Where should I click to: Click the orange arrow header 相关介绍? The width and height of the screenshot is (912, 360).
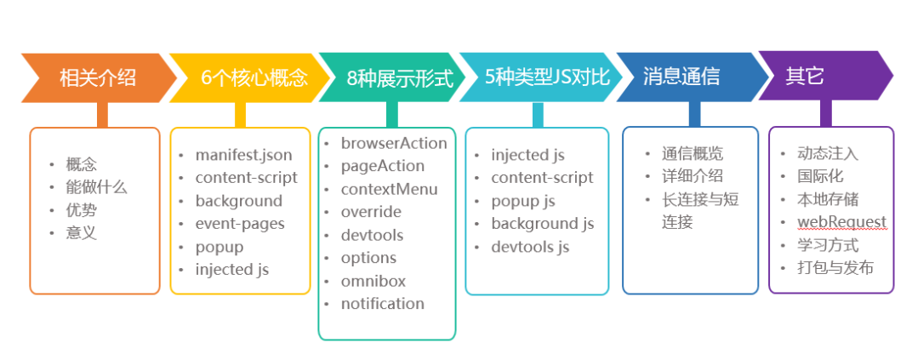97,77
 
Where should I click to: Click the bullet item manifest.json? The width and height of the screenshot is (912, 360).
243,155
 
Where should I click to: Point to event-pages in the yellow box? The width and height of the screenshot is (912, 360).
240,224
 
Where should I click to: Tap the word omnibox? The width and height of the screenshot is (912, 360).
373,281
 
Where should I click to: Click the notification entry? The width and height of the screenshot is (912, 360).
382,304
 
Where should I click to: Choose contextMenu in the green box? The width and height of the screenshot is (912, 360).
389,189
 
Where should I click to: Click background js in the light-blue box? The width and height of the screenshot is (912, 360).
542,224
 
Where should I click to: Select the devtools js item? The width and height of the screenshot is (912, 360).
530,247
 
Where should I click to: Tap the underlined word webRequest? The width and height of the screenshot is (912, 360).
841,222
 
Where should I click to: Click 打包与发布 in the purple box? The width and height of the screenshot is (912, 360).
835,268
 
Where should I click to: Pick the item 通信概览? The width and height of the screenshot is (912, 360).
693,154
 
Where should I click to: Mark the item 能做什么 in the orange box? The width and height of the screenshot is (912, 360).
96,187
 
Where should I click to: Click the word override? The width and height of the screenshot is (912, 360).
371,212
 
